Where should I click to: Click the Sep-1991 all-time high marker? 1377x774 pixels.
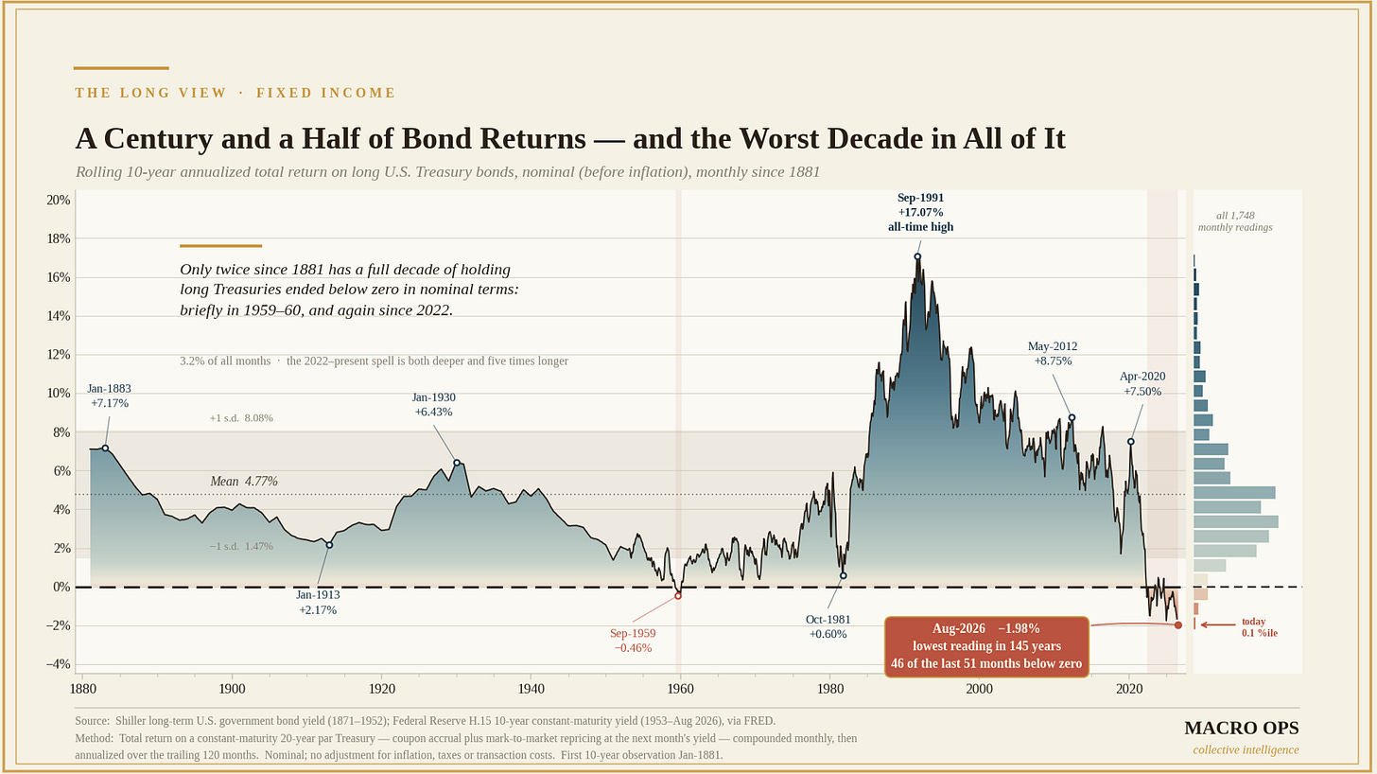click(917, 256)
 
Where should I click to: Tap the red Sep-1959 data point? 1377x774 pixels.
click(678, 595)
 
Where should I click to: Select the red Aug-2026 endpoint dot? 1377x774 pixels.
click(1177, 625)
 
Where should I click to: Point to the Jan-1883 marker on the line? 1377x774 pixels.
click(105, 448)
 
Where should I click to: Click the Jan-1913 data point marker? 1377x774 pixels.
click(329, 545)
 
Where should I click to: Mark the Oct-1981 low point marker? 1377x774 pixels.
click(844, 576)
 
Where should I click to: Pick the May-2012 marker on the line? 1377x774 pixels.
click(1072, 418)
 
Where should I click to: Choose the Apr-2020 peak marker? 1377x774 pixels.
click(1130, 442)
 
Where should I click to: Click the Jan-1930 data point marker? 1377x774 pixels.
click(457, 463)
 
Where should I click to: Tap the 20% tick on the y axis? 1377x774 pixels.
click(59, 200)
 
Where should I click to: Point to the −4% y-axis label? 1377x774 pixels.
click(59, 664)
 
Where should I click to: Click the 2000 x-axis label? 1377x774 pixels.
click(979, 689)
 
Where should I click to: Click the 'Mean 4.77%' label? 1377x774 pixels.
click(244, 481)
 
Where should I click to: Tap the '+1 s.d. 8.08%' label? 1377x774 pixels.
click(241, 418)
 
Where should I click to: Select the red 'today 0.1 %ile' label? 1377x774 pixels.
click(1259, 627)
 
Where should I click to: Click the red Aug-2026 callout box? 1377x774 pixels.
click(986, 646)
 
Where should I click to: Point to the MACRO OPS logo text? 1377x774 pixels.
click(1242, 728)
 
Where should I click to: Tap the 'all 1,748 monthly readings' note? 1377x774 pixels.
click(1235, 221)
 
